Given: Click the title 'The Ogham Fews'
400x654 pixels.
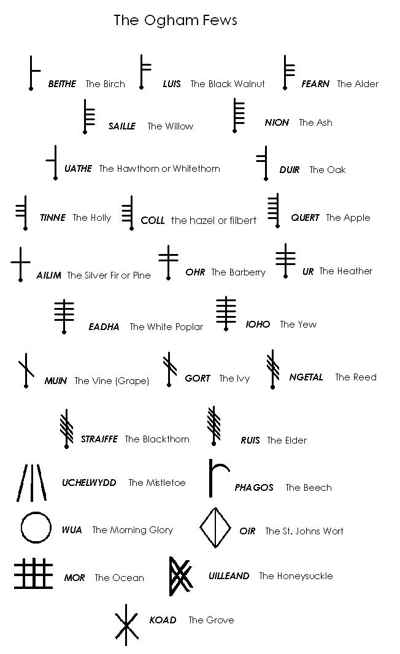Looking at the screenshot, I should [175, 20].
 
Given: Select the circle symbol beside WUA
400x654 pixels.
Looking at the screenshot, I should [36, 527].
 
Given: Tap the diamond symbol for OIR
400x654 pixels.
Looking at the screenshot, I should [215, 527].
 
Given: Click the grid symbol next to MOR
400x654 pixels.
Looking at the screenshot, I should [34, 574].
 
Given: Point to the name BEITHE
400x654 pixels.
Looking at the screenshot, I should [62, 84].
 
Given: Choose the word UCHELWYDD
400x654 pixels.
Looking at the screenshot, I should [89, 483].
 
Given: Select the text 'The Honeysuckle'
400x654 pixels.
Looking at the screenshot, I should [296, 576].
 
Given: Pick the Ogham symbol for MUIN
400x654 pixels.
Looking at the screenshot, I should [26, 370].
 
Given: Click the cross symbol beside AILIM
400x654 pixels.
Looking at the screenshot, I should [21, 263].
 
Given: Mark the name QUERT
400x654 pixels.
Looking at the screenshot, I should [305, 218].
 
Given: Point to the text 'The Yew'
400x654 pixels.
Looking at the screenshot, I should [298, 325].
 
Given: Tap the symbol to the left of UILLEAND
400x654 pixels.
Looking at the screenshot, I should [179, 576].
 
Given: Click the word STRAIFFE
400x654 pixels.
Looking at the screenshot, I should [99, 439].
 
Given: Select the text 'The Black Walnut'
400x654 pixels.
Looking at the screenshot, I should [228, 84].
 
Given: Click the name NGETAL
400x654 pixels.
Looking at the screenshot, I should [306, 377].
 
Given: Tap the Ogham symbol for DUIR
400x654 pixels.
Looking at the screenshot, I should [264, 163].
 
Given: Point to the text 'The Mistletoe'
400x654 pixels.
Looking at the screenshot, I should [157, 483].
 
